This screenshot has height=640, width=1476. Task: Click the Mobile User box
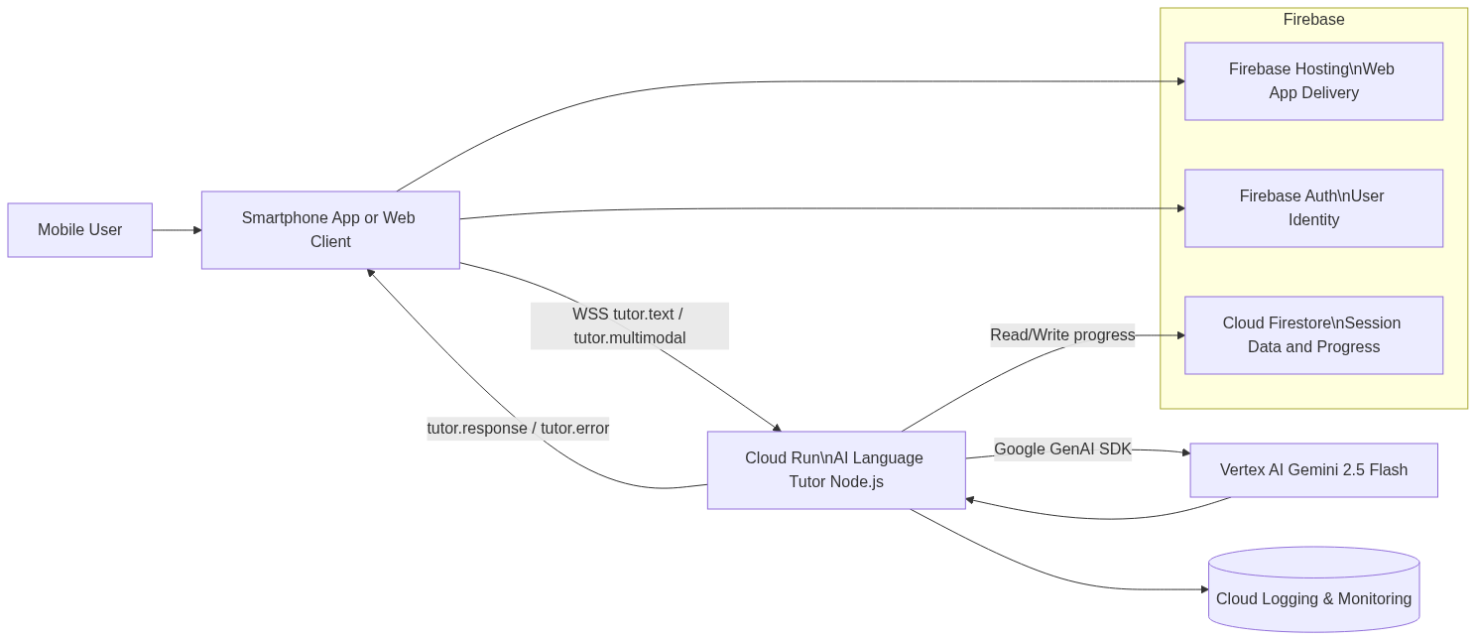pos(79,230)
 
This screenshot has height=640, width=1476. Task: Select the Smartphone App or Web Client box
pos(329,230)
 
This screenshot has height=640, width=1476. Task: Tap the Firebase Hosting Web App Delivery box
pos(1313,81)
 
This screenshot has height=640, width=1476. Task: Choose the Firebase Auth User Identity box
pos(1313,208)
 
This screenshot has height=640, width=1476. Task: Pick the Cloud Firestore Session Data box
pos(1313,335)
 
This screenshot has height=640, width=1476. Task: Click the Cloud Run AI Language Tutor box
pos(835,470)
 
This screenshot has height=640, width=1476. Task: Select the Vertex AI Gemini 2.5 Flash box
pos(1313,470)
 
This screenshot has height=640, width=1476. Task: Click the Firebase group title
pos(1313,20)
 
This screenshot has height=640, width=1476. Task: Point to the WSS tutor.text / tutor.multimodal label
pos(630,326)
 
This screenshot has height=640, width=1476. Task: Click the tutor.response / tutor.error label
pos(518,429)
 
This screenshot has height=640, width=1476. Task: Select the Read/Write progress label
pos(1062,335)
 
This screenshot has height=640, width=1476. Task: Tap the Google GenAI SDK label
pos(1062,449)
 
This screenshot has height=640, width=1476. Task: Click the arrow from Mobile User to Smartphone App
pos(177,230)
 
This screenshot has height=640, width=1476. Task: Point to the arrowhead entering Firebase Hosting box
pos(1180,81)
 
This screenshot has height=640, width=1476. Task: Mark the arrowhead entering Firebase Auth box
pos(1180,208)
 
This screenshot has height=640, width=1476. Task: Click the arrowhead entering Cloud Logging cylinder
pos(1203,589)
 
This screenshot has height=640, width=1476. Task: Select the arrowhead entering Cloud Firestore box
pos(1180,335)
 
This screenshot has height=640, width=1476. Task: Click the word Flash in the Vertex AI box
pos(1388,470)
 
